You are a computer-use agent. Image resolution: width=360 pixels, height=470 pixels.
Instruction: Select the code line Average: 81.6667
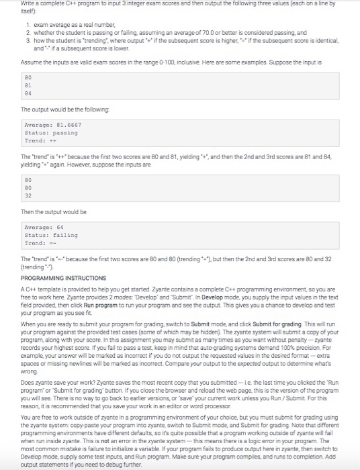(54, 126)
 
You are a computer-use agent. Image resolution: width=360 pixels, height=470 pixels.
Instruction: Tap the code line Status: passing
(50, 133)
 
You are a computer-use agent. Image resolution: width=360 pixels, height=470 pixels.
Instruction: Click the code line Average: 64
(44, 228)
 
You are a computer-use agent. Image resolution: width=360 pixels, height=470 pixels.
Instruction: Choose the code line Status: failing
(50, 236)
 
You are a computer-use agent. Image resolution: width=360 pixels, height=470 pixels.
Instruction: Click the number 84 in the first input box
(27, 93)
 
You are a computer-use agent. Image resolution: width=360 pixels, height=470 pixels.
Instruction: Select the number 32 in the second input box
(27, 195)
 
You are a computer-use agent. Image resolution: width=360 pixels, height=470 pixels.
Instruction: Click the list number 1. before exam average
(28, 24)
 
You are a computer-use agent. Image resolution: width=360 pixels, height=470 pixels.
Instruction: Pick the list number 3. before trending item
(28, 39)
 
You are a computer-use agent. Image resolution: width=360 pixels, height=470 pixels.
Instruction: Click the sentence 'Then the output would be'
(53, 212)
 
